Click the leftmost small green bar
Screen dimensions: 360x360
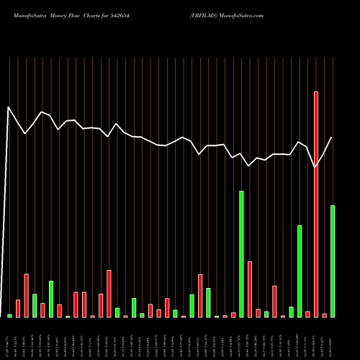coord(10,315)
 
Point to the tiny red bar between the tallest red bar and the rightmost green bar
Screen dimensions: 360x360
coord(324,315)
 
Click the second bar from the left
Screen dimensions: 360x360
coord(18,308)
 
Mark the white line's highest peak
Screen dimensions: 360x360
coord(9,107)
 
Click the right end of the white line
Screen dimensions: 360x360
coord(332,138)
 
